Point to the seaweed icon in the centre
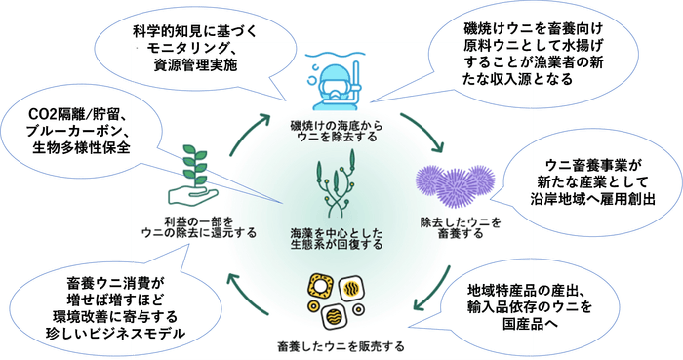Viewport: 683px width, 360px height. point(336,186)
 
